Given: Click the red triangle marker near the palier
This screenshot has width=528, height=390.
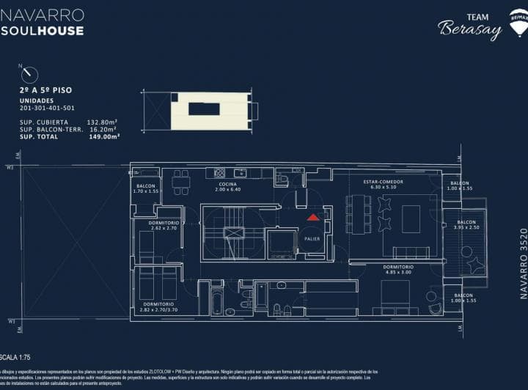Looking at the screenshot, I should click(x=313, y=217).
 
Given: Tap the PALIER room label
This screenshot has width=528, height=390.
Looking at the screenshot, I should click(x=312, y=238).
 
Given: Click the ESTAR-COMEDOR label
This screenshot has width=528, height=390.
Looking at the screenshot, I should click(x=384, y=184).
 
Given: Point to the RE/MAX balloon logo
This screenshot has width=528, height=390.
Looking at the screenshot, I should click(x=519, y=22).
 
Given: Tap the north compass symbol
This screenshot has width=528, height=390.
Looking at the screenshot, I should click(x=30, y=74).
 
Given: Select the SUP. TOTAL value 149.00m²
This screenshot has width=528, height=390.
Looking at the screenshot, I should click(x=103, y=136).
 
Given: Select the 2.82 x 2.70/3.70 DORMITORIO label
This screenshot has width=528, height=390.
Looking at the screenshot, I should click(x=158, y=306).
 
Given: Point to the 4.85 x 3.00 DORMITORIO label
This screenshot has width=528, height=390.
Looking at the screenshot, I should click(x=398, y=270).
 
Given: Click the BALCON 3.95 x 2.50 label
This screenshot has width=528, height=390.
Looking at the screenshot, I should click(x=466, y=224).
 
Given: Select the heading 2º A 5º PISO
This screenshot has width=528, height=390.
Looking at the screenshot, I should click(x=45, y=90).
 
